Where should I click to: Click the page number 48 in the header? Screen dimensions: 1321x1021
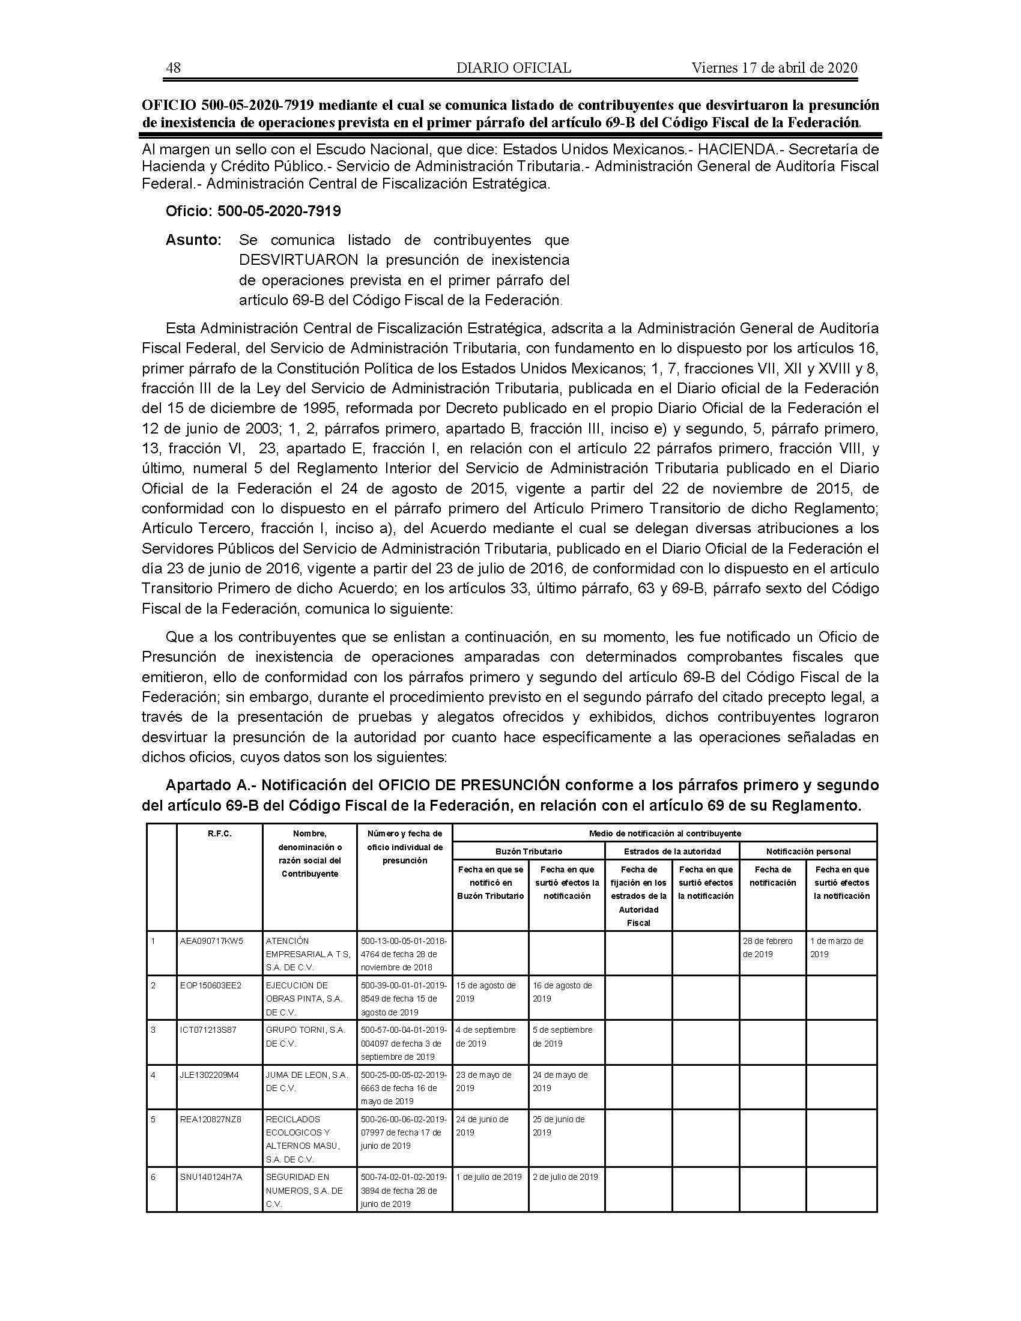173,68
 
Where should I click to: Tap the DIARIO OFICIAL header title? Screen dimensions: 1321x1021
514,68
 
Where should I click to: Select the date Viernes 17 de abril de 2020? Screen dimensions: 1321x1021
774,68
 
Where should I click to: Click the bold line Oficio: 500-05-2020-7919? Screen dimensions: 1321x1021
253,211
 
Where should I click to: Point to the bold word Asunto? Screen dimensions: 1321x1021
193,240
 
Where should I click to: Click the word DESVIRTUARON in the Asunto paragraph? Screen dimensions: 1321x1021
298,260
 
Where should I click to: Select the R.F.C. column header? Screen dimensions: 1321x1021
219,833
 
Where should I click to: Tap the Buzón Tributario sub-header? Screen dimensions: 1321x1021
528,851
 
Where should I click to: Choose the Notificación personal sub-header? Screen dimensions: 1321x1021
808,851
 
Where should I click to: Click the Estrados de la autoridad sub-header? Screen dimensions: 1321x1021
672,851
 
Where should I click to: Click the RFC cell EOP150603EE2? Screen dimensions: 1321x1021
210,985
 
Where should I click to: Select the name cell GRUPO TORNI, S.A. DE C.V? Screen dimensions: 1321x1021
306,1036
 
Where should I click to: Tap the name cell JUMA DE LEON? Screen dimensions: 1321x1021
307,1081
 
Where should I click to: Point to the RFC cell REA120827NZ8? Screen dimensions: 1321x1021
210,1119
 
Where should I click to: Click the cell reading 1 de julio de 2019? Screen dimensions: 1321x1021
489,1176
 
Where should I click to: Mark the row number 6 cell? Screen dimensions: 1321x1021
154,1176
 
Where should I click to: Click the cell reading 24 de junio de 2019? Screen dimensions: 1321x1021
482,1125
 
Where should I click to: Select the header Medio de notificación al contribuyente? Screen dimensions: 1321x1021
665,833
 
